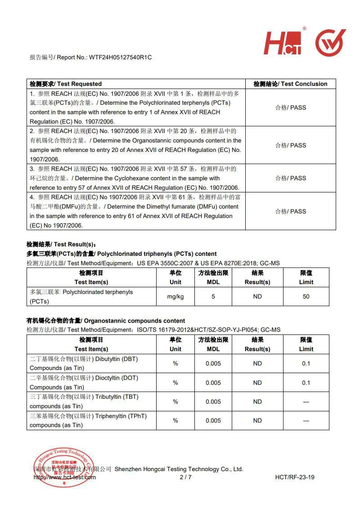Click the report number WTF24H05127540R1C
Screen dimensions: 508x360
120,58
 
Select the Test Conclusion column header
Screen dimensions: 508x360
290,84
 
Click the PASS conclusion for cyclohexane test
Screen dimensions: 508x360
291,178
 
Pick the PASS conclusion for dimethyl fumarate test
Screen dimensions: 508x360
291,211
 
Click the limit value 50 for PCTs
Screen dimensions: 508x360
306,297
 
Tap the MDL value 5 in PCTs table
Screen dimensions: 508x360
213,297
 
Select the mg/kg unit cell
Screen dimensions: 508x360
175,297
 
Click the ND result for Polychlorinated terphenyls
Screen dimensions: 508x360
257,297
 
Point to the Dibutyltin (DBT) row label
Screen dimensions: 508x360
84,364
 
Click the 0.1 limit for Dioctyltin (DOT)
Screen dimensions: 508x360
306,383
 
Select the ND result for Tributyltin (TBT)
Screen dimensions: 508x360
257,401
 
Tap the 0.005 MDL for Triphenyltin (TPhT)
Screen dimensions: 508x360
213,420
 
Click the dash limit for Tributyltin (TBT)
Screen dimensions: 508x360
306,401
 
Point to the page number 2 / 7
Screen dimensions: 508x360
185,477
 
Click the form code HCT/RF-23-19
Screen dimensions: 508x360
295,477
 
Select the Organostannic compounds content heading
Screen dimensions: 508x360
106,321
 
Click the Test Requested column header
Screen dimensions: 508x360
66,84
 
